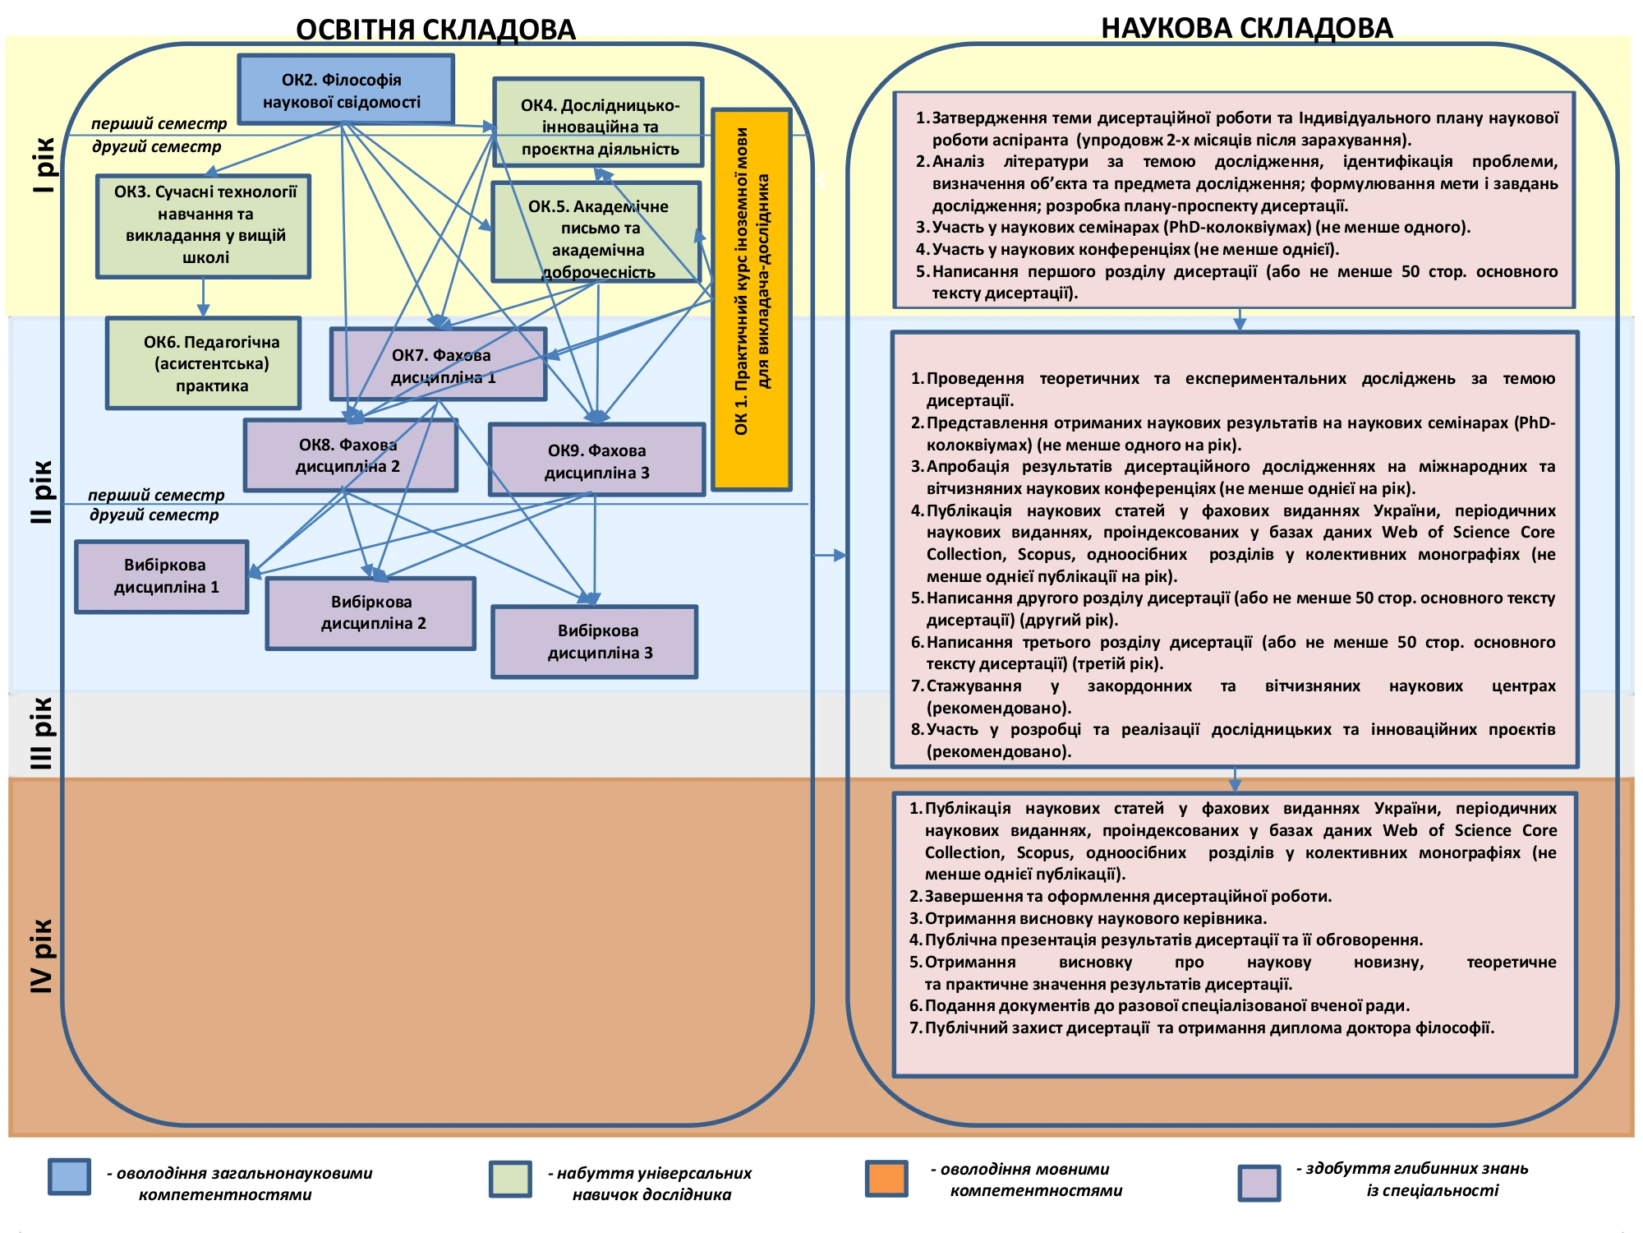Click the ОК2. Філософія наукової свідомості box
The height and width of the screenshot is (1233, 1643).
click(x=346, y=90)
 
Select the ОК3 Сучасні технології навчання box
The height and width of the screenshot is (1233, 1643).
click(x=204, y=226)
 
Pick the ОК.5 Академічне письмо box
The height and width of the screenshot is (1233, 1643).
click(x=596, y=233)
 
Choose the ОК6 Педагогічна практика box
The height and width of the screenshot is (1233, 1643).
click(x=204, y=363)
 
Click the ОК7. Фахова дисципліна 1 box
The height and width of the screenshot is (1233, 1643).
click(x=439, y=364)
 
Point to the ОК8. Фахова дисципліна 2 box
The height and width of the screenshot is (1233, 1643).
click(x=351, y=455)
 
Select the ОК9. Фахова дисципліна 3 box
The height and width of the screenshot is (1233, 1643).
click(x=597, y=460)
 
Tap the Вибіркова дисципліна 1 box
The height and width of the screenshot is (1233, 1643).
click(x=162, y=576)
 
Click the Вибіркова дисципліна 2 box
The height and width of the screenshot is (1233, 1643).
click(x=370, y=613)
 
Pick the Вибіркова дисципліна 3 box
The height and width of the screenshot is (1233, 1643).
click(x=595, y=642)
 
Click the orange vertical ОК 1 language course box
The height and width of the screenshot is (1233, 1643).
click(x=752, y=300)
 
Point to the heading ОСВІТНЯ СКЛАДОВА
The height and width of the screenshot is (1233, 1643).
click(x=435, y=30)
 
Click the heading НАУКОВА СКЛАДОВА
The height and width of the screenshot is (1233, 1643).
click(x=1246, y=28)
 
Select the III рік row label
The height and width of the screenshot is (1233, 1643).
click(x=41, y=733)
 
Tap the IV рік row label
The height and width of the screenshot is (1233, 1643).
click(x=41, y=955)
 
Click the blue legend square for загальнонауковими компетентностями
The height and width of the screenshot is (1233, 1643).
click(x=69, y=1177)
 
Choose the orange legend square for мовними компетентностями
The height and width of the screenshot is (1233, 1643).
click(x=886, y=1179)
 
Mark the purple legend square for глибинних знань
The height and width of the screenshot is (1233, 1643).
click(x=1259, y=1182)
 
